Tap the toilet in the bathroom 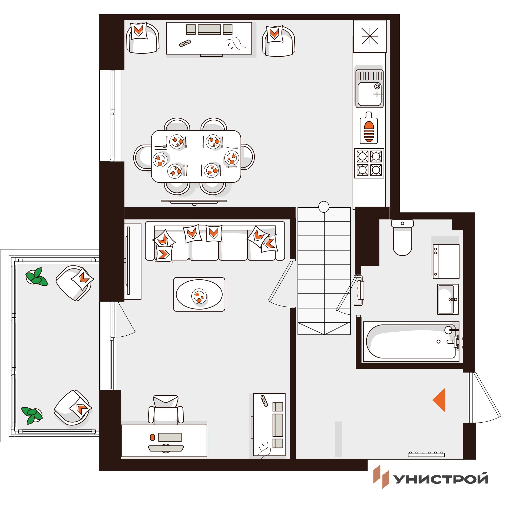tap(402, 237)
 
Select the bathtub tap(411, 342)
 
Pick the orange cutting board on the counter tap(369, 128)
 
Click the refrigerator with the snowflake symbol tap(370, 36)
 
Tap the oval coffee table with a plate tap(199, 294)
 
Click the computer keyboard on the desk tap(166, 448)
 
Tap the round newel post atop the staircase tap(324, 207)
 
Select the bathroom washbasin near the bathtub tap(448, 299)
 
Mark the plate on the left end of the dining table tap(160, 159)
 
